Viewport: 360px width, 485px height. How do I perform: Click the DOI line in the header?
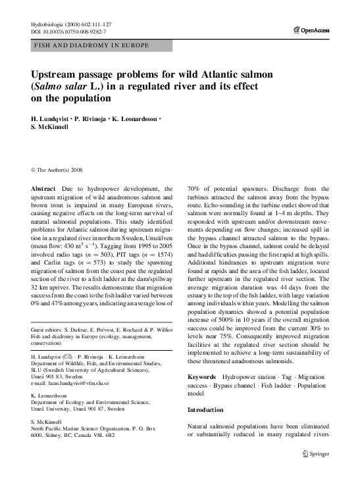68,32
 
